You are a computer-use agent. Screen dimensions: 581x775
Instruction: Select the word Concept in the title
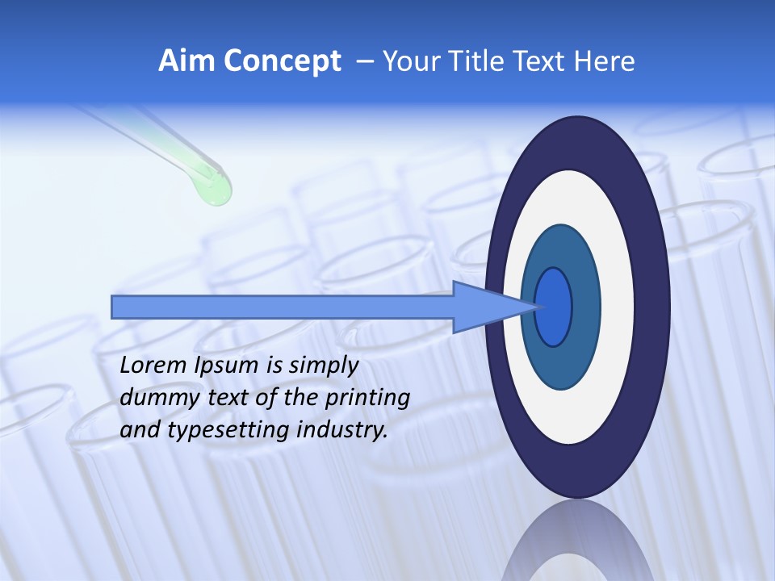coord(283,61)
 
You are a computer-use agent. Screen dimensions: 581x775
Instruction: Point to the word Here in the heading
coord(604,61)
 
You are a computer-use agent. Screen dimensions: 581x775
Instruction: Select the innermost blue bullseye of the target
coord(554,307)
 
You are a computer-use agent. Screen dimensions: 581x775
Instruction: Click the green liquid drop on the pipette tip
coord(214,190)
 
